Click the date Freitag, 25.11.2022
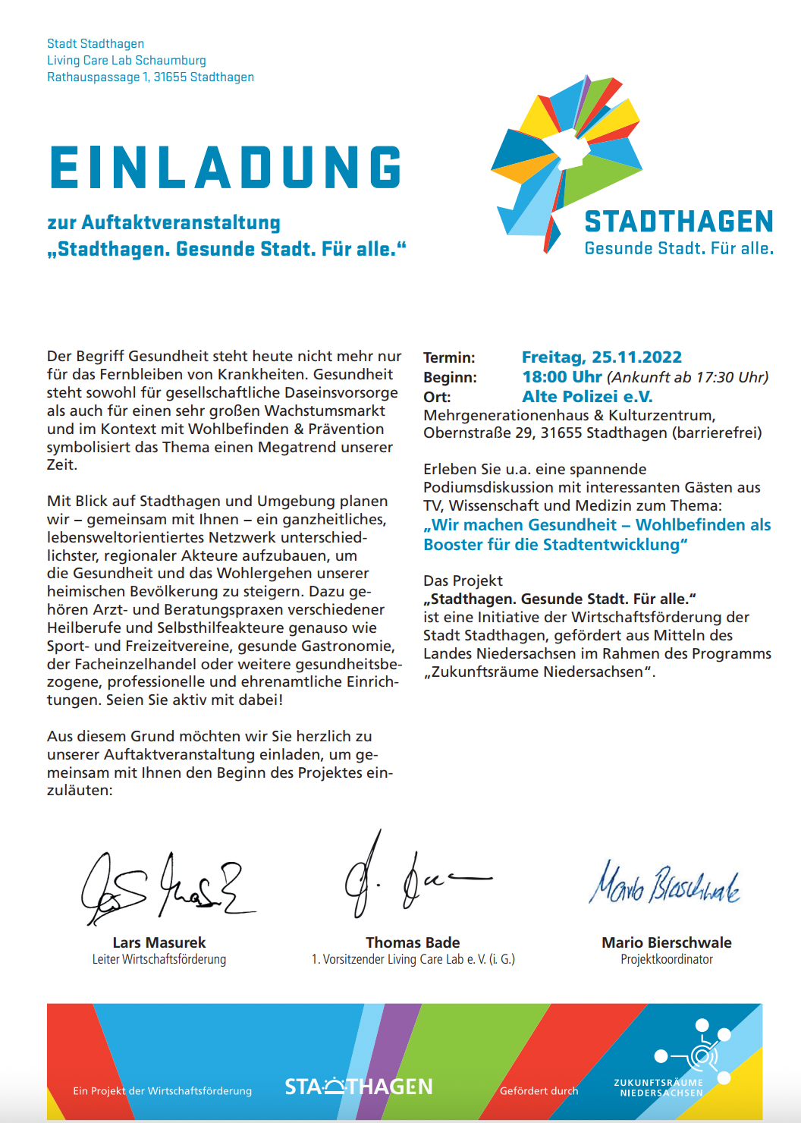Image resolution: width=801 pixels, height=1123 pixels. click(x=602, y=357)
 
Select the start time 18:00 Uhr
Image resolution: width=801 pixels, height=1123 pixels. click(x=562, y=377)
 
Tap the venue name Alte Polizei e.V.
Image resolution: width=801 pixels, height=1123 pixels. click(x=587, y=397)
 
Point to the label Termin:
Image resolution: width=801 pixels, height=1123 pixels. click(x=449, y=358)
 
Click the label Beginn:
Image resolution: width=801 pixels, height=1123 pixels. click(x=450, y=378)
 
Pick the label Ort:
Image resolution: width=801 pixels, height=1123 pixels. click(x=437, y=398)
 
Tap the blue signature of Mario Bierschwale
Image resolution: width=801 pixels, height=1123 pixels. click(x=664, y=885)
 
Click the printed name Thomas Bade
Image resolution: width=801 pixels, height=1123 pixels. click(x=413, y=942)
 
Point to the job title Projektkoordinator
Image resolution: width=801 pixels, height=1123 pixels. click(x=667, y=960)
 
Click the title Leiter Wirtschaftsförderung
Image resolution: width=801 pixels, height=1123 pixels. click(x=159, y=960)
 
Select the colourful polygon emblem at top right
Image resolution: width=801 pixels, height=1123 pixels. click(x=565, y=159)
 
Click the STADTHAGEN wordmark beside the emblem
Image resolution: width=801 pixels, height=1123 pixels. click(x=679, y=222)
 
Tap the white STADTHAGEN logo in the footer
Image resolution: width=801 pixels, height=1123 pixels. click(x=359, y=1087)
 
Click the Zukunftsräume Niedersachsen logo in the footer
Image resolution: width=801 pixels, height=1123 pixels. click(x=675, y=1062)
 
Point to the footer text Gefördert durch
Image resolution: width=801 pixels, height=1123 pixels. click(x=539, y=1091)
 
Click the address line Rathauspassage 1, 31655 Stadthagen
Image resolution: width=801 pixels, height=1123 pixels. click(x=150, y=77)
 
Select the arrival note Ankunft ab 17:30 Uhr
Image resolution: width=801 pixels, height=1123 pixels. click(x=688, y=377)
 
